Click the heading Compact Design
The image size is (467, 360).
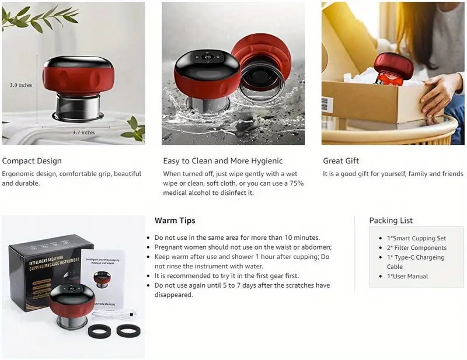click(x=32, y=161)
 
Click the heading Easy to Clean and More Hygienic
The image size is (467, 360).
click(x=222, y=161)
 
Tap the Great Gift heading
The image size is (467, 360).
click(x=341, y=161)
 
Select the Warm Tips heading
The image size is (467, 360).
click(x=175, y=221)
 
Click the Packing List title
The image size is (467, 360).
click(x=391, y=221)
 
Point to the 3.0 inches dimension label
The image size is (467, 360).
click(x=21, y=85)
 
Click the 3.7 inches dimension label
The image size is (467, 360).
click(x=83, y=132)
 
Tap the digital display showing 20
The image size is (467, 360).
click(x=207, y=58)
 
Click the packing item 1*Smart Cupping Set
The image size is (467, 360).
click(x=416, y=238)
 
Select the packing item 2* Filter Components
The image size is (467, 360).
click(x=416, y=247)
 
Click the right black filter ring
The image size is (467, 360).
click(x=128, y=330)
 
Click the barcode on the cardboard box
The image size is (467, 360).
click(x=327, y=105)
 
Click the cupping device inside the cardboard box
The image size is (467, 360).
click(x=392, y=69)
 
